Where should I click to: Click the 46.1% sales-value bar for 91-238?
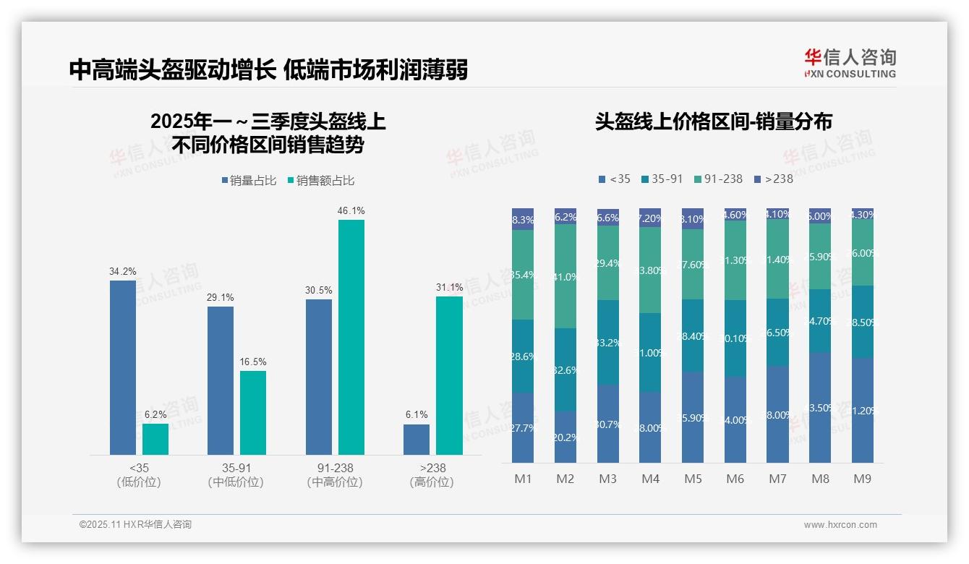351,337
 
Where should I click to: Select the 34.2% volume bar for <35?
123,367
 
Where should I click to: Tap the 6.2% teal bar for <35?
155,439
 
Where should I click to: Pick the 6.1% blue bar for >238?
417,439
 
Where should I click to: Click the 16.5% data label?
253,362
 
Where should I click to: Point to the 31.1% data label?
449,287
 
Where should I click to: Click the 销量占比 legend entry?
249,181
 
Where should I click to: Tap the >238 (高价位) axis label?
432,475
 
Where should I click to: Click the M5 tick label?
693,479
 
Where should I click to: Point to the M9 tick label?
862,479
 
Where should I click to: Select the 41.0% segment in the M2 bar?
565,276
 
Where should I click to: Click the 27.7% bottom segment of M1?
523,427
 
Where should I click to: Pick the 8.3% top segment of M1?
523,220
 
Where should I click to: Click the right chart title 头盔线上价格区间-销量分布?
713,121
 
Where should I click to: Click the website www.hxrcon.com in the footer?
840,525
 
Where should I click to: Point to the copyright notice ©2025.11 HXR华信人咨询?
135,524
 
